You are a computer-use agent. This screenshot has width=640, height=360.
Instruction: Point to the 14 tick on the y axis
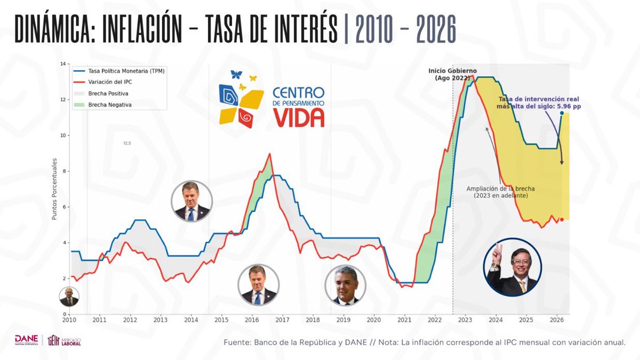tap(63, 64)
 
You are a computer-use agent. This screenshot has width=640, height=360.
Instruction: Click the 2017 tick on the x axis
tap(282, 320)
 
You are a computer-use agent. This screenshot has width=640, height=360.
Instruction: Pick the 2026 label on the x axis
tap(556, 320)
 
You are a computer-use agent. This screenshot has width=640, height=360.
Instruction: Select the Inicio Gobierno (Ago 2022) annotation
tap(453, 74)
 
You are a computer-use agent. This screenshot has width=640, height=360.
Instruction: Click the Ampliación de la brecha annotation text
tap(500, 192)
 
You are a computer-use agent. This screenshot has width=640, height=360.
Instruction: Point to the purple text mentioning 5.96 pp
tap(539, 103)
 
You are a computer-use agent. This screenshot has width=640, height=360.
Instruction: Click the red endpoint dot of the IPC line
tap(562, 220)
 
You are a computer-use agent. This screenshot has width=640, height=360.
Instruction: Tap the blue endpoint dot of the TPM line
tap(562, 113)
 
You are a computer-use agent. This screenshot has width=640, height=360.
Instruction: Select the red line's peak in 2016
tap(270, 154)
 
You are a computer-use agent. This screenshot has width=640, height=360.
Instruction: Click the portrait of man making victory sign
tap(513, 267)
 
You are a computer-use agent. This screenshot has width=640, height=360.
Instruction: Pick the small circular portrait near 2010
tap(69, 297)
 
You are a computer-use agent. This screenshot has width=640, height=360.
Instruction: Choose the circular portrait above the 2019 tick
tap(345, 286)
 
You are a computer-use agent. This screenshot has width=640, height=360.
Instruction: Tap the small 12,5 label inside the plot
tap(127, 143)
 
